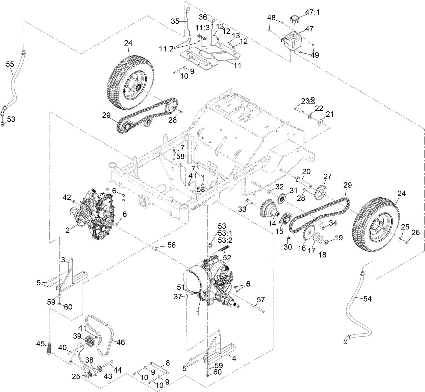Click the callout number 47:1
click(x=312, y=12)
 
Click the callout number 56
click(x=171, y=245)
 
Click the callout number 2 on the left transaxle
click(x=68, y=230)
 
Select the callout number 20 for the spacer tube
click(x=306, y=172)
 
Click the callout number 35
click(x=175, y=21)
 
